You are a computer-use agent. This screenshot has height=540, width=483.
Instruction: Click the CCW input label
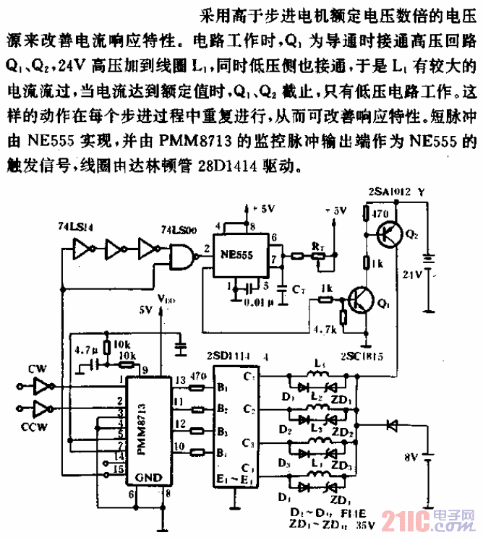coord(38,427)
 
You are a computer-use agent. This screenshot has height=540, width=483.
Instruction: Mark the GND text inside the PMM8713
coord(149,478)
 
